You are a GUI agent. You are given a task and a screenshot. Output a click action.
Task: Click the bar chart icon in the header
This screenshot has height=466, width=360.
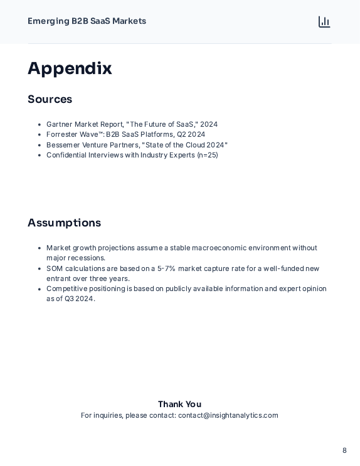(x=324, y=22)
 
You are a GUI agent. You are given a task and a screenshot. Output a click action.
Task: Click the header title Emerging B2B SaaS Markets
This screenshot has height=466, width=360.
(x=87, y=21)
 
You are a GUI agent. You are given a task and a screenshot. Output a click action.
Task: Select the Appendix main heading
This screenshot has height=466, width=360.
(x=70, y=68)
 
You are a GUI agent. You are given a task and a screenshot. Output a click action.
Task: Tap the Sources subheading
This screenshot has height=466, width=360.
(x=50, y=99)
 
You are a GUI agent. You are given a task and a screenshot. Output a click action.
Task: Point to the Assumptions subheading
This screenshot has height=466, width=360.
(x=64, y=223)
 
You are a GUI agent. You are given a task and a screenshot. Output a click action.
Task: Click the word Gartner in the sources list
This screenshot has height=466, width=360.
(x=60, y=124)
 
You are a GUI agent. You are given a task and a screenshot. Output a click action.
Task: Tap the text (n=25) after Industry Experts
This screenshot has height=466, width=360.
(x=207, y=155)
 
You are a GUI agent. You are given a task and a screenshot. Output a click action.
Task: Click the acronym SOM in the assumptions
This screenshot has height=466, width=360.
(x=55, y=268)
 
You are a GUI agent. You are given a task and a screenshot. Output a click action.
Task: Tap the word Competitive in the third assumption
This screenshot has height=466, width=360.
(x=66, y=289)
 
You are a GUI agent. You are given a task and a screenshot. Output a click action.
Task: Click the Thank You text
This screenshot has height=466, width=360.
(x=179, y=404)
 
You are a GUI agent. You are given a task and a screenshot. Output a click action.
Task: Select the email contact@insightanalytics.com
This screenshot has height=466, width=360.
(x=228, y=415)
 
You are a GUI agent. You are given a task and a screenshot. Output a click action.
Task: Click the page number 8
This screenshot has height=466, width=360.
(x=344, y=450)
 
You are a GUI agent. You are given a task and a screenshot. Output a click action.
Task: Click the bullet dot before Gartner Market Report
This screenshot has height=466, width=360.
(x=40, y=125)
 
